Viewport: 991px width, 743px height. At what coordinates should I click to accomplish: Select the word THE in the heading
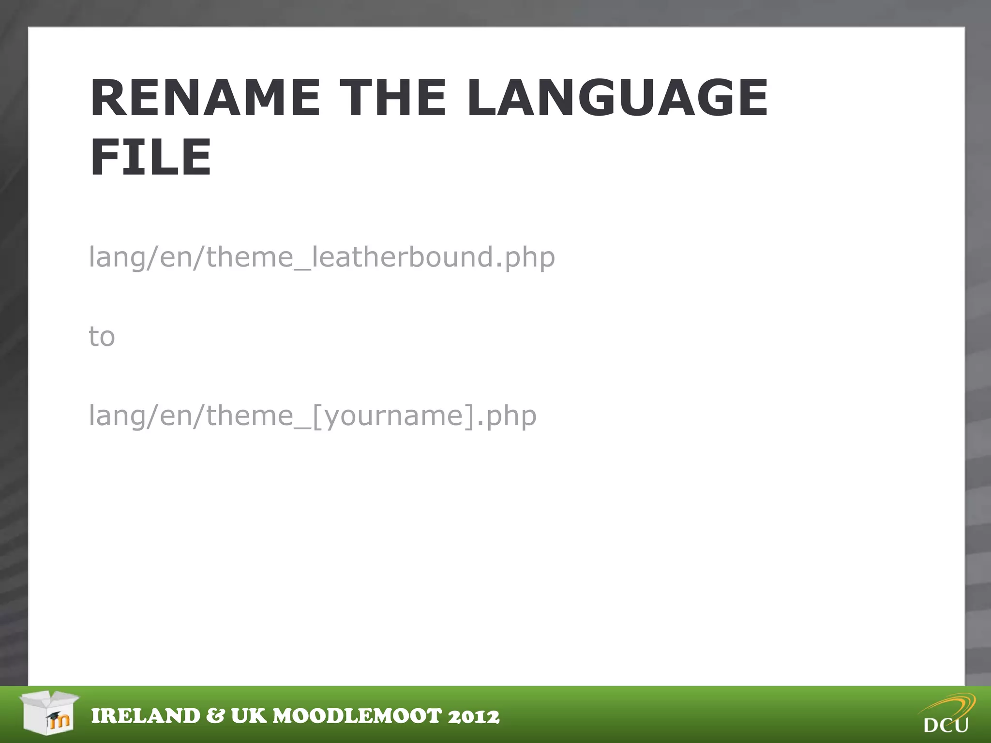[x=392, y=98]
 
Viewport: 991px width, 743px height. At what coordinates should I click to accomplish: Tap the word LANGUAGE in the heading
[x=617, y=98]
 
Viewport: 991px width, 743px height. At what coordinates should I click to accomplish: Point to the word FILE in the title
[x=150, y=157]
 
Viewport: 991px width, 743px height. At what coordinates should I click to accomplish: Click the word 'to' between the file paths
[x=102, y=336]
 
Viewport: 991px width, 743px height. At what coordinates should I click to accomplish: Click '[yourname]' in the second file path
[x=394, y=416]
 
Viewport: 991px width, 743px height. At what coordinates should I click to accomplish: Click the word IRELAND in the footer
[x=146, y=716]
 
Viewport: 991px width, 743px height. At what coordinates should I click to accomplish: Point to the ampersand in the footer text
[x=215, y=716]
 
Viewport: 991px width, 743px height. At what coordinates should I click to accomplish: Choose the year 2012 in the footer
[x=474, y=716]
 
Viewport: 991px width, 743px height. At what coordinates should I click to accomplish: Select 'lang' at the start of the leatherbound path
[x=117, y=257]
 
